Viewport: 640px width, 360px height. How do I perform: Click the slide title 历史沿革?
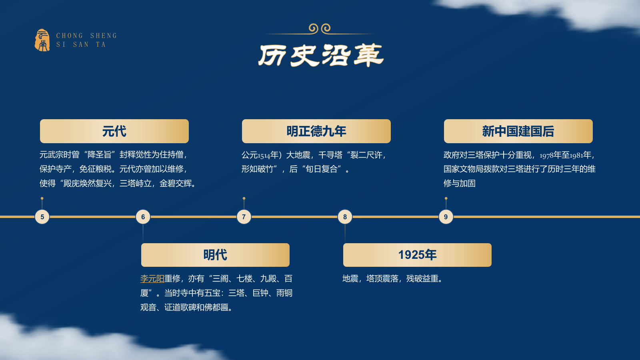pyautogui.click(x=321, y=55)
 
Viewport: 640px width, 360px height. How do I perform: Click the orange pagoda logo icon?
pyautogui.click(x=42, y=40)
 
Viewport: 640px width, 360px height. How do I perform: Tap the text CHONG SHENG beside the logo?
pyautogui.click(x=86, y=36)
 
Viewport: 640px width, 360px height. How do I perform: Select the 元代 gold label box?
pyautogui.click(x=114, y=131)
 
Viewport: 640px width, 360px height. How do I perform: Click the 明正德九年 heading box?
pyautogui.click(x=316, y=131)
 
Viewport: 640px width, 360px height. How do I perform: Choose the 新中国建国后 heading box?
pyautogui.click(x=518, y=131)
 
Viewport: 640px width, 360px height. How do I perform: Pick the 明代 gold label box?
pyautogui.click(x=215, y=255)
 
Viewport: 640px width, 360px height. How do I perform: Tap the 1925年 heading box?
pyautogui.click(x=417, y=255)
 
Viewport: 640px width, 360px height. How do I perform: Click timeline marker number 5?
pyautogui.click(x=42, y=217)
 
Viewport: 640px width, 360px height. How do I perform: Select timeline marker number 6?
pyautogui.click(x=143, y=217)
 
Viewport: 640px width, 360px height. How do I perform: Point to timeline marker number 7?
pyautogui.click(x=244, y=217)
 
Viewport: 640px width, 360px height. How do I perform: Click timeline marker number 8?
pyautogui.click(x=345, y=217)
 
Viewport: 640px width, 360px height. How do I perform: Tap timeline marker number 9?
pyautogui.click(x=446, y=217)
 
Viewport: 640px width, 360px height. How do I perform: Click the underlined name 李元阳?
pyautogui.click(x=152, y=279)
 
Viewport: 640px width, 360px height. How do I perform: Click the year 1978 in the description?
pyautogui.click(x=546, y=156)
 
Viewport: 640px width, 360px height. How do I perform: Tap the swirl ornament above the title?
pyautogui.click(x=320, y=28)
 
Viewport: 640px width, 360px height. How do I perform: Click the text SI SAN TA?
pyautogui.click(x=81, y=44)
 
